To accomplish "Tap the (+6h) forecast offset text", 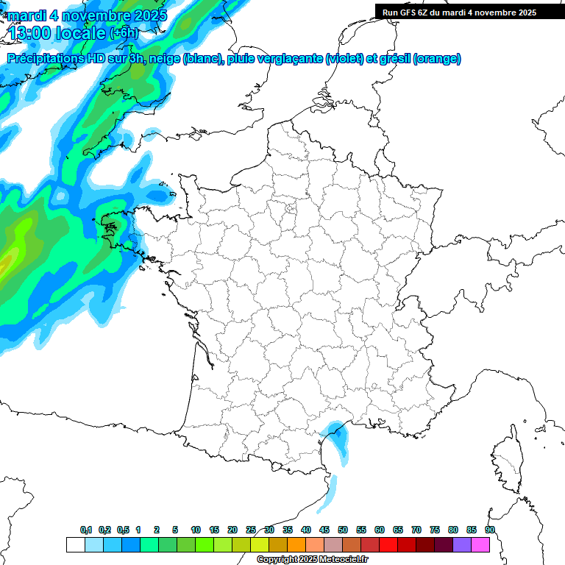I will tap(124, 33).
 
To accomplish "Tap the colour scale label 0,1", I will tap(86, 530).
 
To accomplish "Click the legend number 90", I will tap(490, 530).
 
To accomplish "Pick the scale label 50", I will tap(343, 530).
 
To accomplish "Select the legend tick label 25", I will tap(251, 530).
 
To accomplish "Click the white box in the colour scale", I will tap(75, 544).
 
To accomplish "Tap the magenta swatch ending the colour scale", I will tap(480, 544).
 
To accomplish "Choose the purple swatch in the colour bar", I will tap(462, 544).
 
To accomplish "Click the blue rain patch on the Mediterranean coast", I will tap(338, 437).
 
